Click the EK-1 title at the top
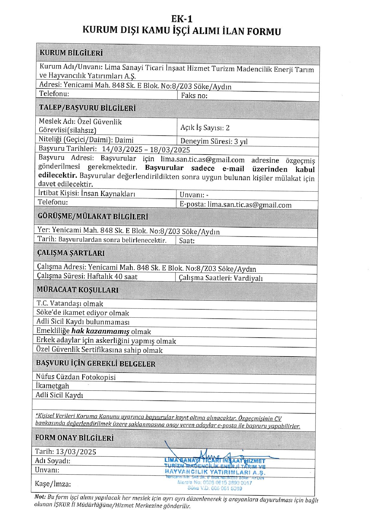point(182,19)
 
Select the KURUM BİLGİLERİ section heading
point(71,53)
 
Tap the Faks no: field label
point(194,96)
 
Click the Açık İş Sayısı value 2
point(228,128)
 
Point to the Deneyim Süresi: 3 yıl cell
point(214,141)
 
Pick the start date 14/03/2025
point(122,149)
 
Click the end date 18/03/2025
point(170,150)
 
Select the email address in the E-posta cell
point(249,205)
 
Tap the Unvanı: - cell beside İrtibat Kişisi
point(194,195)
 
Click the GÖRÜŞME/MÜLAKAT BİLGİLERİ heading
point(93,216)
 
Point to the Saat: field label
point(187,241)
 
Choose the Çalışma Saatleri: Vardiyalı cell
point(221,278)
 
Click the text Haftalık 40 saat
point(112,276)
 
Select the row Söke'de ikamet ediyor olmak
point(83,313)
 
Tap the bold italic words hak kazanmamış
point(100,331)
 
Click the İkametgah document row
point(52,386)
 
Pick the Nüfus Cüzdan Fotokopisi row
point(76,377)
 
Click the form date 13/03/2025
point(76,452)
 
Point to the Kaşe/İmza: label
point(53,484)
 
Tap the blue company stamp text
point(215,472)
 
